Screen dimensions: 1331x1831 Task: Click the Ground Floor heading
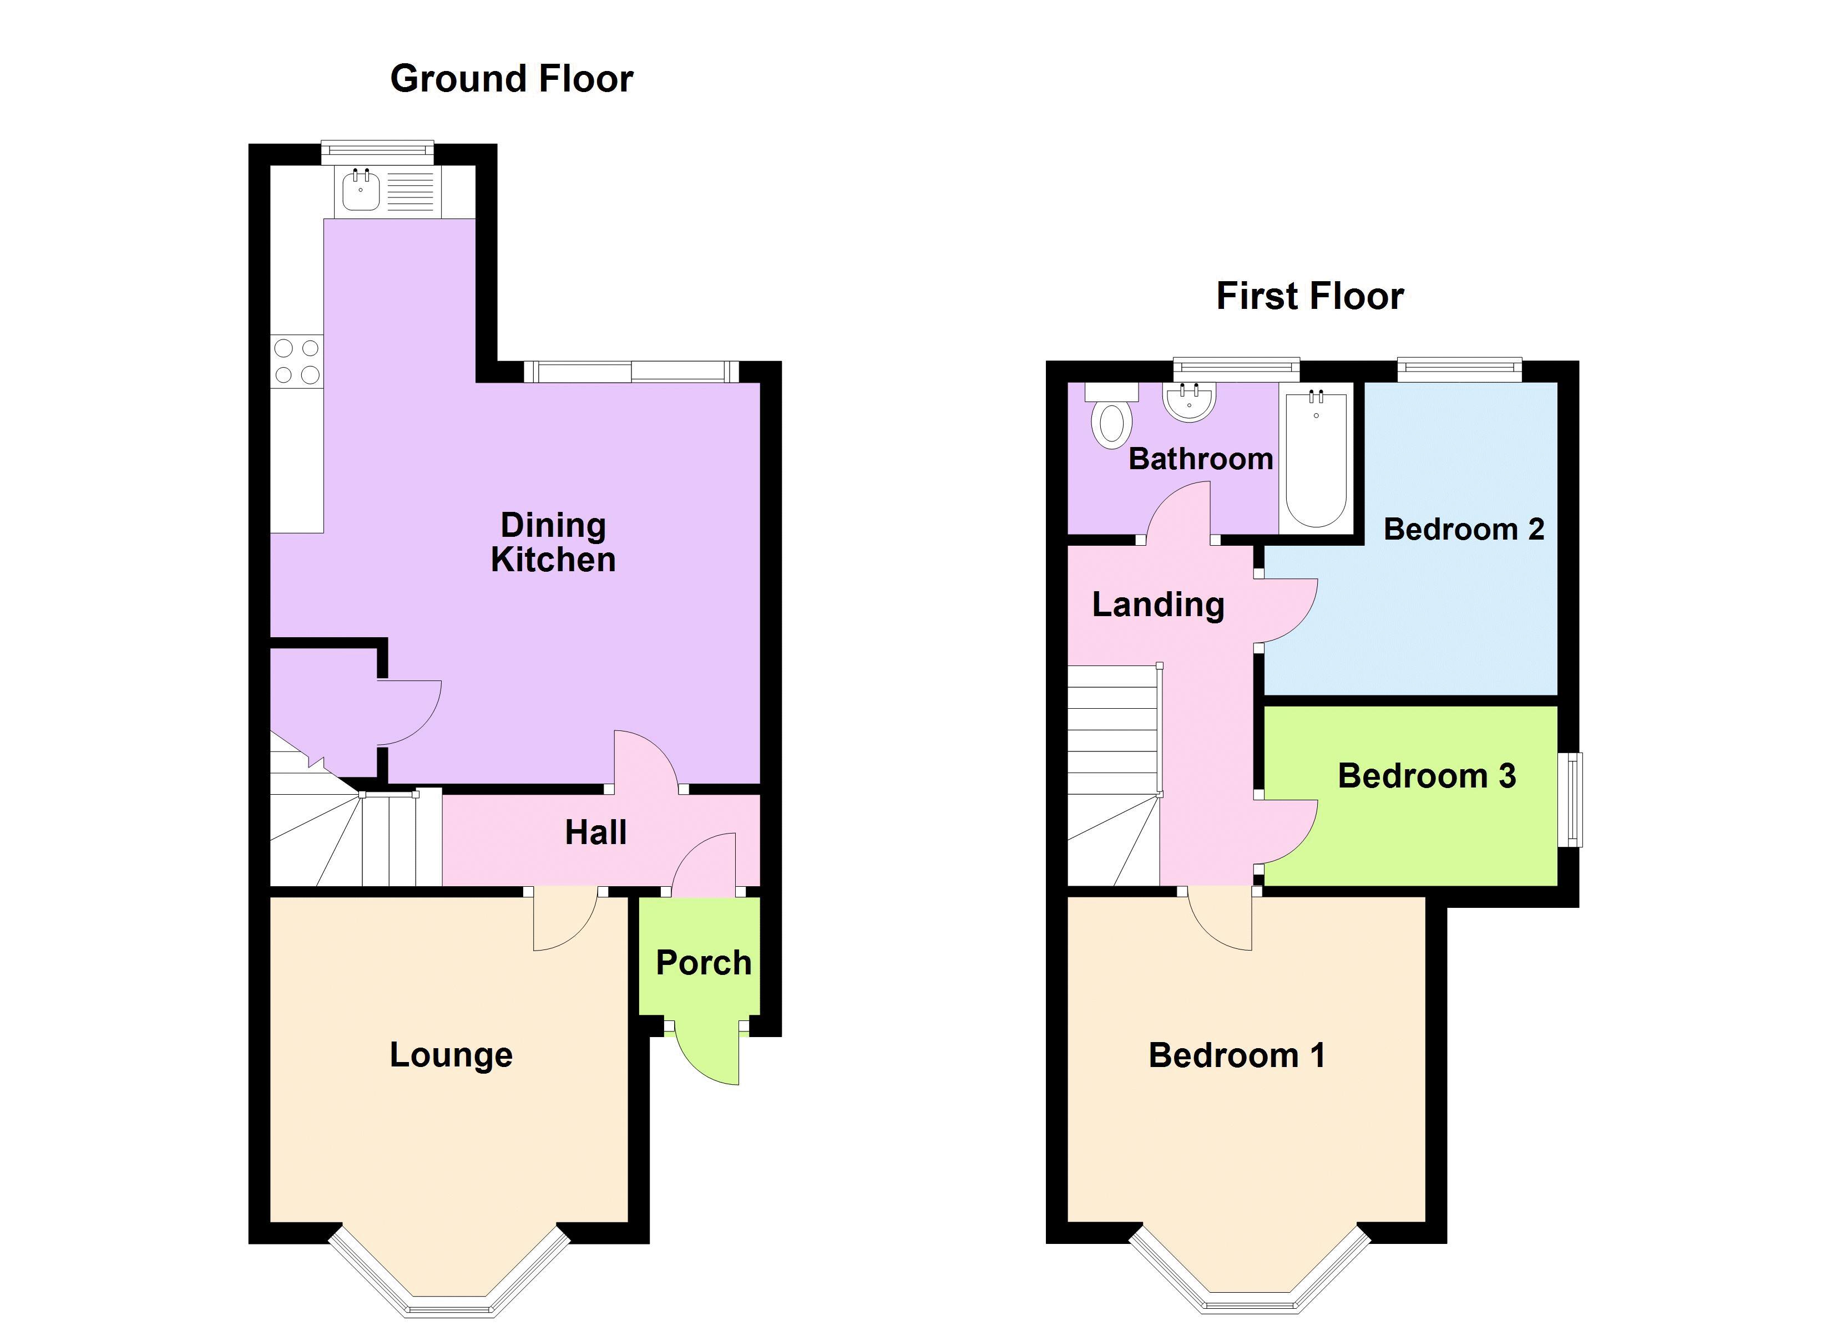(511, 79)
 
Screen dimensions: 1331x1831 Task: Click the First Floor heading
(1309, 296)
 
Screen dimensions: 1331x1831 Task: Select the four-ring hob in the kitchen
(296, 361)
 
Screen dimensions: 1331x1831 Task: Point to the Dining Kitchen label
(553, 542)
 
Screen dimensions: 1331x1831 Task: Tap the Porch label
(703, 962)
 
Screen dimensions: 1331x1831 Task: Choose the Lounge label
(451, 1054)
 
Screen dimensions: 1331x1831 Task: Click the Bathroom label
(1201, 459)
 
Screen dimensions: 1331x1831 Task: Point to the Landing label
(1158, 604)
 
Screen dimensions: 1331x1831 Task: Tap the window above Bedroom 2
(1460, 370)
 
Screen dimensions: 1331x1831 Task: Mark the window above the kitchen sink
(377, 152)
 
